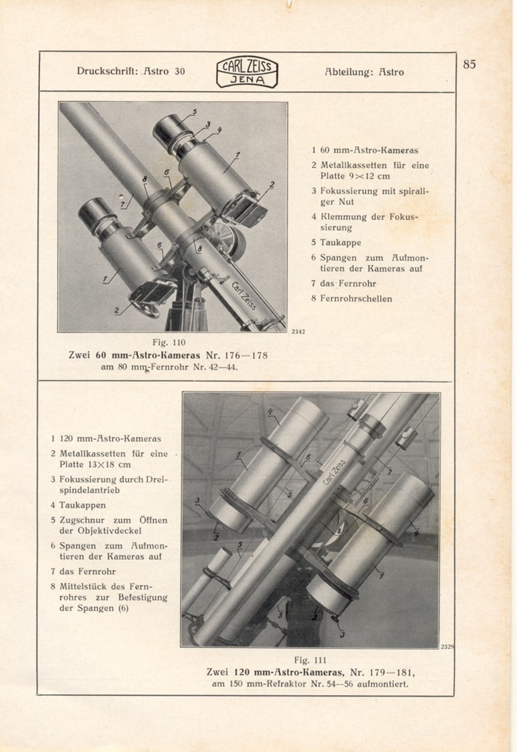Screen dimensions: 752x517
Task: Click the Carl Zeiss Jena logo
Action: [x=247, y=72]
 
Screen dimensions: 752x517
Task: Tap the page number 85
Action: [x=469, y=65]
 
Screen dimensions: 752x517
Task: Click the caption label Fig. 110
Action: [x=169, y=343]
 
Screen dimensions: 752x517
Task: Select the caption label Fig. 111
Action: [x=310, y=660]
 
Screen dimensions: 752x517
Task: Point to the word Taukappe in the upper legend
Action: [x=340, y=243]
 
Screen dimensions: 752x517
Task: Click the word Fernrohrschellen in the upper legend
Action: [x=356, y=299]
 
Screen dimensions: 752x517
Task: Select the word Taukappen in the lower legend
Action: [x=83, y=505]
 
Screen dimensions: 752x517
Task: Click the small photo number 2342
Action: [x=298, y=332]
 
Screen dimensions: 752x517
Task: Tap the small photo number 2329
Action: [x=447, y=647]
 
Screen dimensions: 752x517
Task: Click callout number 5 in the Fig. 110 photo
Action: [x=195, y=112]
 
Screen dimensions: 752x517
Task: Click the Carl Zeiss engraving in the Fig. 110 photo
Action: [x=243, y=296]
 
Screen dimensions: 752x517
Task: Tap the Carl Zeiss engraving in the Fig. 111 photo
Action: [x=334, y=472]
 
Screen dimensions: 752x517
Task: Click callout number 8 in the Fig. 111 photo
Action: [x=339, y=530]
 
